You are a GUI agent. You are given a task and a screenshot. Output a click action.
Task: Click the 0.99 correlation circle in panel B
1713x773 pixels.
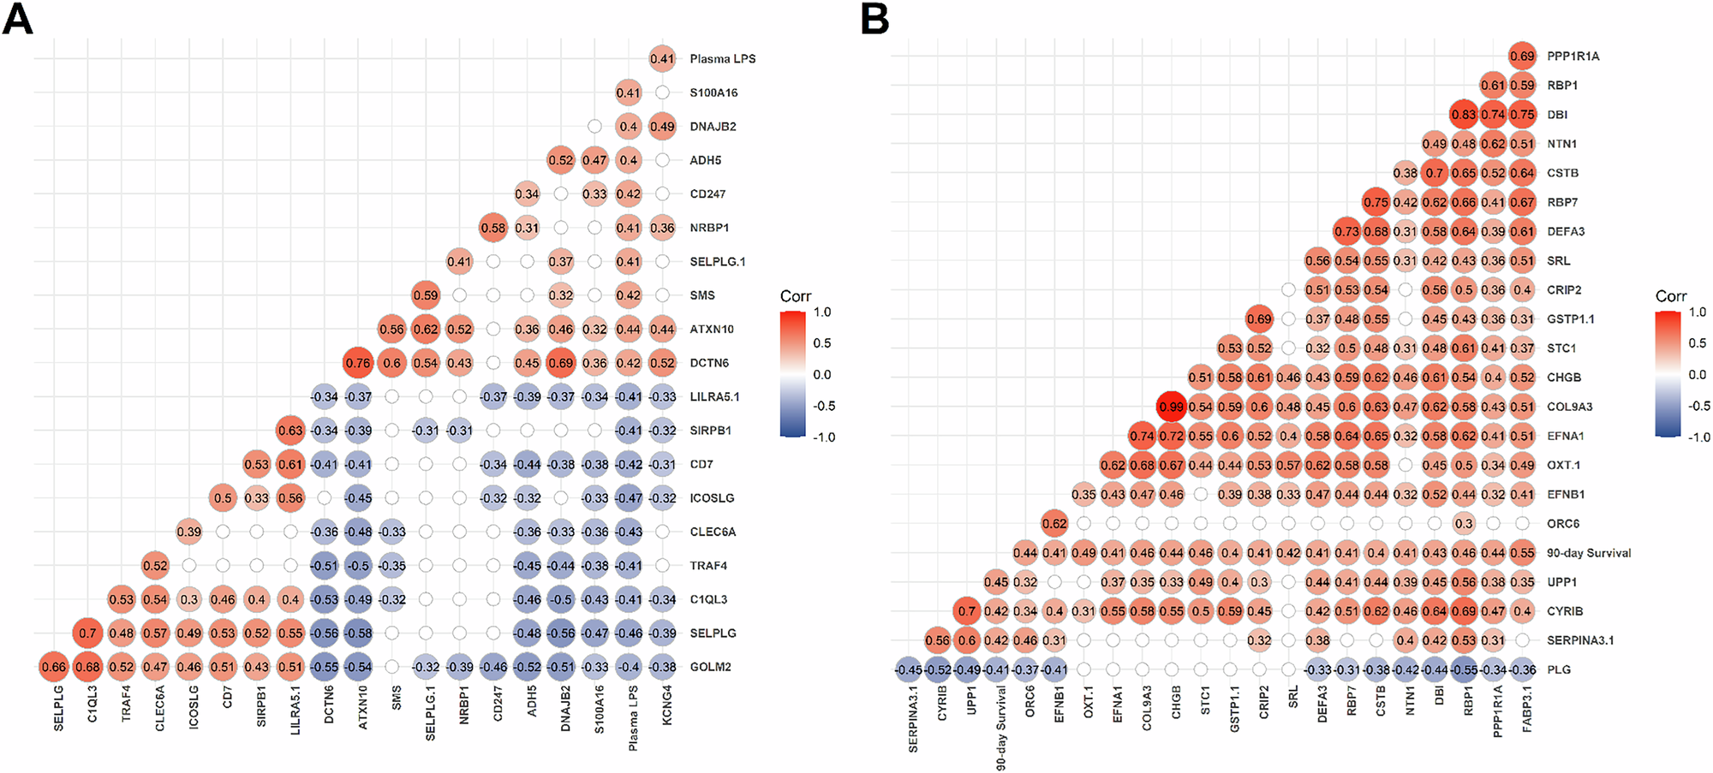point(1171,407)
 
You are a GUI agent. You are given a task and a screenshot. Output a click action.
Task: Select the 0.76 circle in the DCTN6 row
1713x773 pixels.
point(357,363)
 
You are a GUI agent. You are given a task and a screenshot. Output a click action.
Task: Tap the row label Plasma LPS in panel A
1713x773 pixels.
point(722,59)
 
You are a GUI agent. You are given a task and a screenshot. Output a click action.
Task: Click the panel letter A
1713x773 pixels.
point(17,19)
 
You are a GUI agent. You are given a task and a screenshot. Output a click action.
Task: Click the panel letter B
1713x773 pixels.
point(874,19)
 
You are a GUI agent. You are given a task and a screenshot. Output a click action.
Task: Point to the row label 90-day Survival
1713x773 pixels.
point(1588,553)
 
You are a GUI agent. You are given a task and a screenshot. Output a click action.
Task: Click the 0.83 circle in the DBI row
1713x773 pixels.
point(1464,115)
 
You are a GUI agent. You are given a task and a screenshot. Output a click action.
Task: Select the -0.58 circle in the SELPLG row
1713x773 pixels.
point(357,633)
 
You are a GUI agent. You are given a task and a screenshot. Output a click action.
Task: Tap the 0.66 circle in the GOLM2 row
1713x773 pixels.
point(53,667)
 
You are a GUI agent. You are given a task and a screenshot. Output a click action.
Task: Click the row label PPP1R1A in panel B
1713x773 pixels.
point(1573,56)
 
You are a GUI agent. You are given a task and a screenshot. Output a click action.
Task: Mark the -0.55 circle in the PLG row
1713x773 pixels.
point(1464,669)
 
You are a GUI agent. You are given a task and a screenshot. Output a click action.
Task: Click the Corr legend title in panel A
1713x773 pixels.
point(795,296)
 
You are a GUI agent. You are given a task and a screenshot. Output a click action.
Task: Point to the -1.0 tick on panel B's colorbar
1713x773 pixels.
point(1699,437)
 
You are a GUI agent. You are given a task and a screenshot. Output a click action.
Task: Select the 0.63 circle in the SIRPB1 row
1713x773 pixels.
point(290,431)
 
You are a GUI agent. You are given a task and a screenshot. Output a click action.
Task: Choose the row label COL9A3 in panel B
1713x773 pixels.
point(1569,407)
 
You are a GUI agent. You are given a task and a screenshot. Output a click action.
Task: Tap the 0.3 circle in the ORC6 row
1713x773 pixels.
point(1464,524)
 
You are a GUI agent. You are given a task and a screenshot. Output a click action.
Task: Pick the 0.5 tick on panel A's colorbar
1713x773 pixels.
point(821,343)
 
